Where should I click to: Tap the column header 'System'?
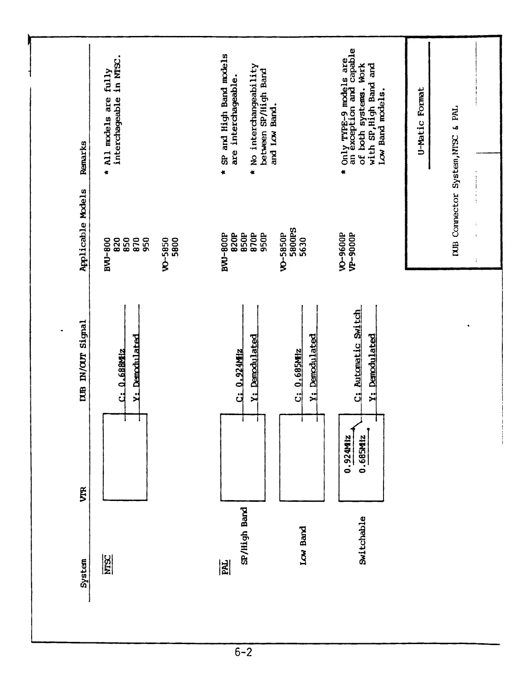tap(83, 573)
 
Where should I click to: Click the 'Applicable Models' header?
tap(83, 230)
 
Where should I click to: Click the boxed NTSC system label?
tap(107, 563)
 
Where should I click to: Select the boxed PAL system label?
tap(225, 566)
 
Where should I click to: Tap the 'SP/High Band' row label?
tap(244, 536)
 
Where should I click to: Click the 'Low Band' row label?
tap(303, 545)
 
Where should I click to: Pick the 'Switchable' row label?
tap(362, 540)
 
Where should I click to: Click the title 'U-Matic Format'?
tap(421, 120)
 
